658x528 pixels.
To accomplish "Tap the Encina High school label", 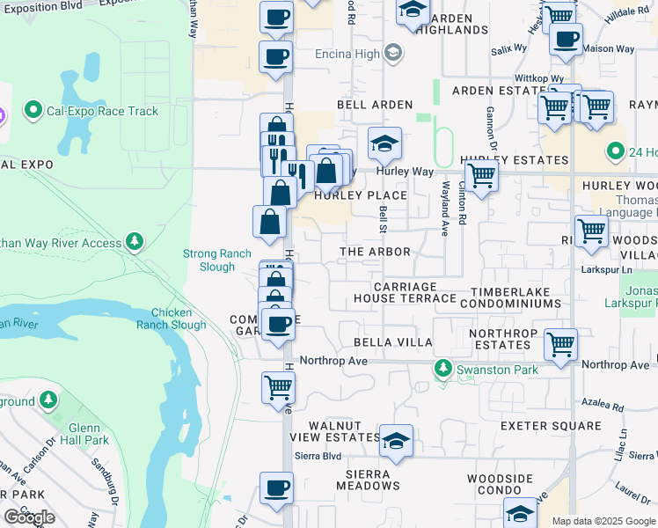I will (x=348, y=53).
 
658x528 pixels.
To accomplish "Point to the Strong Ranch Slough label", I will (x=216, y=260).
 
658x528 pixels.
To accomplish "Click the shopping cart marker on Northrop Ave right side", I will (x=560, y=344).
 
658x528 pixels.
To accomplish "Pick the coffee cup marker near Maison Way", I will (x=566, y=40).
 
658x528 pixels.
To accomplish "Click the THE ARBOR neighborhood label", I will (x=376, y=252).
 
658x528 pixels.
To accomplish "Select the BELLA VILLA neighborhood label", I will (x=392, y=341).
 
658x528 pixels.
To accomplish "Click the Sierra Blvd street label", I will (x=318, y=456).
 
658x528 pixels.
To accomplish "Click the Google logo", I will (x=29, y=517).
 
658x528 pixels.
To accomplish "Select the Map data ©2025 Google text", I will (x=603, y=521).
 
